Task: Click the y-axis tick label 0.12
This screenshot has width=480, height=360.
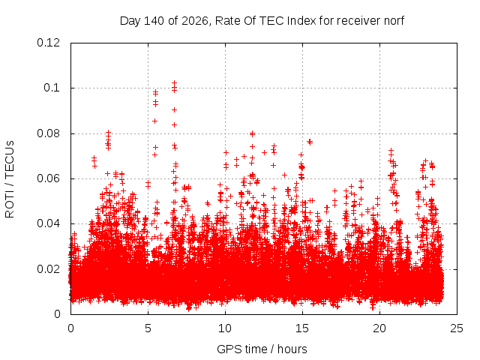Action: [x=48, y=43]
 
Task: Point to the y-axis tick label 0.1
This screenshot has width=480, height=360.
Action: [x=52, y=88]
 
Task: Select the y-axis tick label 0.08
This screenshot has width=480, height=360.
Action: [x=48, y=133]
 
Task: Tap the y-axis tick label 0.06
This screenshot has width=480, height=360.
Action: [x=48, y=178]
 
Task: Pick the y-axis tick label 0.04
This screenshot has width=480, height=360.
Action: [x=48, y=223]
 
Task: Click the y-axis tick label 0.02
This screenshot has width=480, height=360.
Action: [x=48, y=269]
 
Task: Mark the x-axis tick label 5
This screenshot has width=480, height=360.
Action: [x=148, y=328]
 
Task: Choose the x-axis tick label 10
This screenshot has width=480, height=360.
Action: [x=225, y=328]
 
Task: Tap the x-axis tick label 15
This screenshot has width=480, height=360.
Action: [x=302, y=328]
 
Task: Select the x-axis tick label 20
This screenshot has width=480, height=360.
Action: [x=379, y=328]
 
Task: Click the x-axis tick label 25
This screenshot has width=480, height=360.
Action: [x=457, y=328]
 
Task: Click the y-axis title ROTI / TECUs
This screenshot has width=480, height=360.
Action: [x=10, y=179]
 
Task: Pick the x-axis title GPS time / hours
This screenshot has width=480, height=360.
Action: [x=262, y=349]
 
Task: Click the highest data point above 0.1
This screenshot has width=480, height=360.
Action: [x=174, y=83]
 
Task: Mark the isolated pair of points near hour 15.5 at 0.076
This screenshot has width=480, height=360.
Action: [x=310, y=142]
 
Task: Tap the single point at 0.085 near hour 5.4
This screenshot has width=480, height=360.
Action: [x=155, y=121]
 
